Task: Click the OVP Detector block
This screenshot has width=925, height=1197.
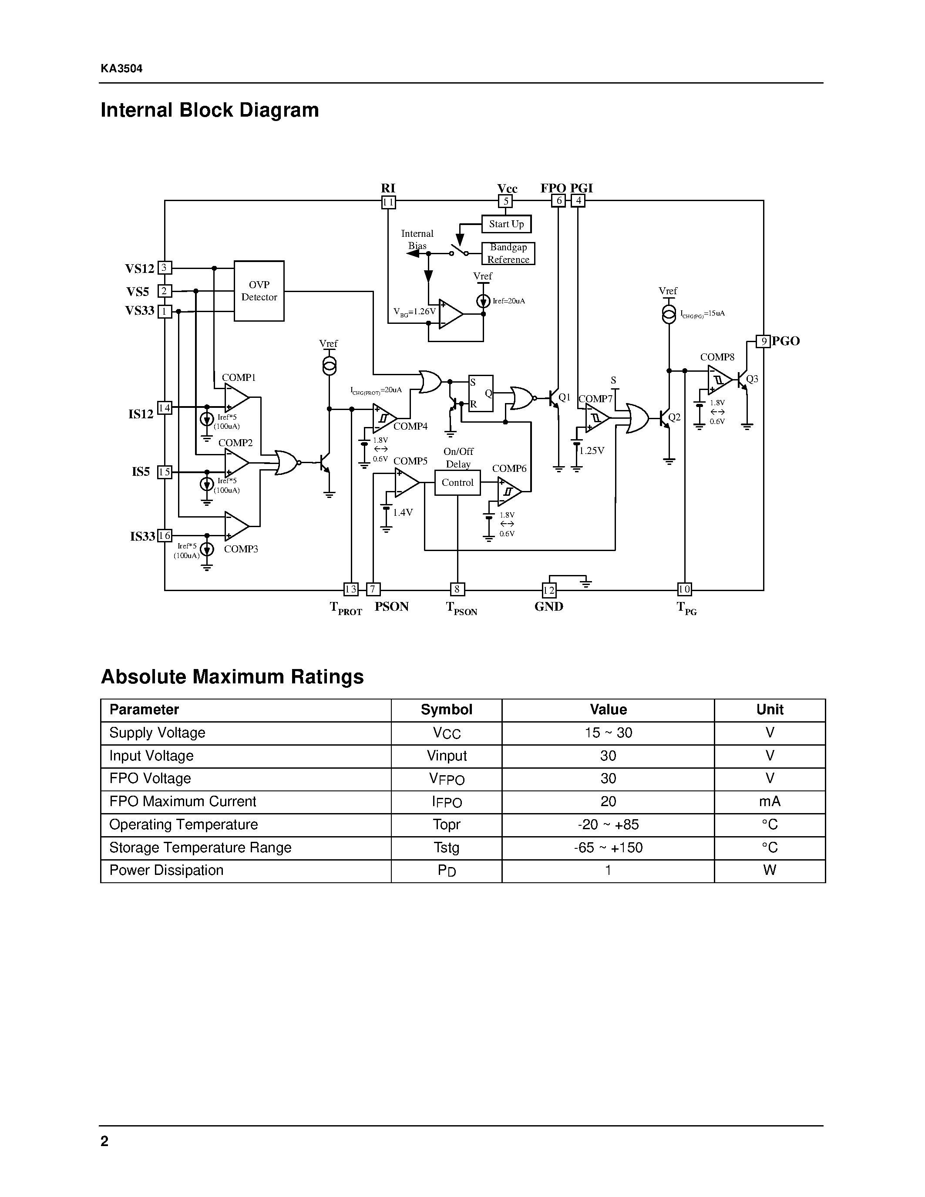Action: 259,291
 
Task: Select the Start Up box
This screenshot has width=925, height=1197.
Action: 506,224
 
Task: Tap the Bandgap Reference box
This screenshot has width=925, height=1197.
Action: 508,254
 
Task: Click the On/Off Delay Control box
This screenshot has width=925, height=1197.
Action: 457,483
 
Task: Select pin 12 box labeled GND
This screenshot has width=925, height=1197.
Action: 548,590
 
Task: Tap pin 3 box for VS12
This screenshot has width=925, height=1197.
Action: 165,267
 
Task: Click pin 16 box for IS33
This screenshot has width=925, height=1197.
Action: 165,535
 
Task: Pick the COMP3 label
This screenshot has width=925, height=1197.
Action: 241,549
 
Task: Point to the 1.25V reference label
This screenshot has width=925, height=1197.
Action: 592,451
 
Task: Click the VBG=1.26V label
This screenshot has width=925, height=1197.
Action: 414,312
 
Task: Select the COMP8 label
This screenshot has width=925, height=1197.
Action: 717,357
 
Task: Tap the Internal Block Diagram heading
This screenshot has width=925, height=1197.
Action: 209,110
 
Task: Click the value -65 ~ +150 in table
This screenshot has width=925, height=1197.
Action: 608,848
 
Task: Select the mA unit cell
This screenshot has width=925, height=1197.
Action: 769,802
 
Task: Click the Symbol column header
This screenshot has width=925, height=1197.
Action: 446,710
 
